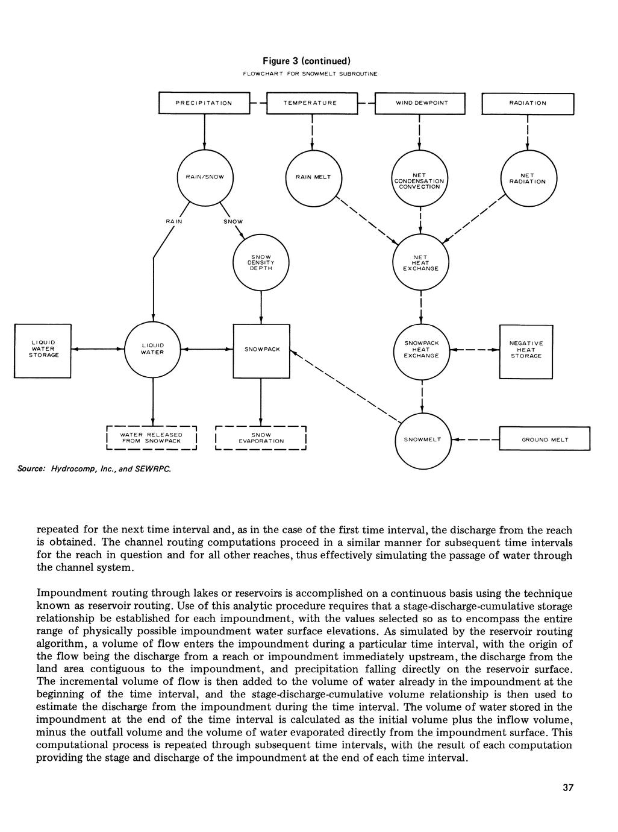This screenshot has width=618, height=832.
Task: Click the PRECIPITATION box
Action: (x=204, y=103)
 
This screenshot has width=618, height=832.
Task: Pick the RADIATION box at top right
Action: (x=528, y=103)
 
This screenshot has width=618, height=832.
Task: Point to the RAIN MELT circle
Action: (x=313, y=177)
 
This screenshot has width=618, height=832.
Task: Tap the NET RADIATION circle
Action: (x=528, y=178)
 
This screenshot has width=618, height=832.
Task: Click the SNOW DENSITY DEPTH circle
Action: (x=261, y=262)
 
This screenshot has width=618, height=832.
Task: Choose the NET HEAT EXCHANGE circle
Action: (x=420, y=262)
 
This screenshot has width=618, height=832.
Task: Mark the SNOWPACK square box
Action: (x=261, y=350)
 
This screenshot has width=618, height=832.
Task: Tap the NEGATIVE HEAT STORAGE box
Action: (x=526, y=350)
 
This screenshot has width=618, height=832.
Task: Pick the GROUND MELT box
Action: (x=545, y=440)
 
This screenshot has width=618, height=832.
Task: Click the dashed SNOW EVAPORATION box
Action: (x=261, y=438)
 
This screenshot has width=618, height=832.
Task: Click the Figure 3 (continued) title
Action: (x=309, y=61)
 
